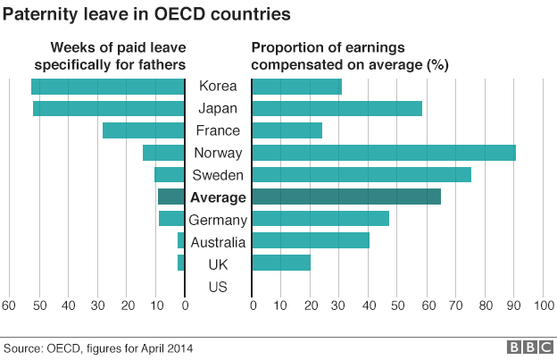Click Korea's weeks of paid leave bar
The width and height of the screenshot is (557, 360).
pos(107,87)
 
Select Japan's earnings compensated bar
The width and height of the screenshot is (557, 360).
pos(337,109)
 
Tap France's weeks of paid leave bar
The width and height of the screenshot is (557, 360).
pos(143,130)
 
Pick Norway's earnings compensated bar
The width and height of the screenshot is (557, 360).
pos(384,153)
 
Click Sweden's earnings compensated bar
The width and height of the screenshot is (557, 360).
pos(362,175)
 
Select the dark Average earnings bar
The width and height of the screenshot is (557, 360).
pos(346,197)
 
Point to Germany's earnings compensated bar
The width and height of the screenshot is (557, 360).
pos(320,219)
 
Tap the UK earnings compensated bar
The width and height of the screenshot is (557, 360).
pos(281,263)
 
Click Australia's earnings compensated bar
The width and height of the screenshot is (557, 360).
pos(311,240)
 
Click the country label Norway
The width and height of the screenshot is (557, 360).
pos(218,153)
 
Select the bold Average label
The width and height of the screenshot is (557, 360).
pos(218,197)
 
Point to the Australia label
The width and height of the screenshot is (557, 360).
pos(218,241)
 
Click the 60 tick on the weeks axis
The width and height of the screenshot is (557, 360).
pos(9,306)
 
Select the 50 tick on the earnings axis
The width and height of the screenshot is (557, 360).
pos(398,306)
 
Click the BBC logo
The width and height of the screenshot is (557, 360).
pos(529,347)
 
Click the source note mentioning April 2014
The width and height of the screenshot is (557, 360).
pos(97,347)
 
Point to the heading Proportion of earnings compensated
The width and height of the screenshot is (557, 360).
pos(350,56)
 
